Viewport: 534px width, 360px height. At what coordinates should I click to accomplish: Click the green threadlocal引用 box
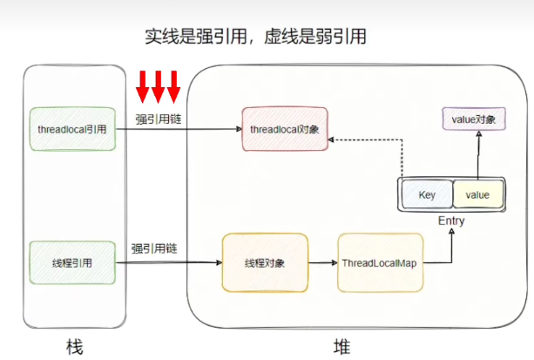pos(72,129)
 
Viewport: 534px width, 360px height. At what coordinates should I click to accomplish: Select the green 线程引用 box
pos(72,262)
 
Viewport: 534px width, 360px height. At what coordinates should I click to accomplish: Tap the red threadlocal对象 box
pos(285,129)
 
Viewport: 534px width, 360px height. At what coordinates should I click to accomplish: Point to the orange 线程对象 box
pos(265,262)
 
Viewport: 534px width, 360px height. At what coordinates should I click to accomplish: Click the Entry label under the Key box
pos(450,221)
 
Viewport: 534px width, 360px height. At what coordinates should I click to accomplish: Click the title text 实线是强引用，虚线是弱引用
pos(254,36)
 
